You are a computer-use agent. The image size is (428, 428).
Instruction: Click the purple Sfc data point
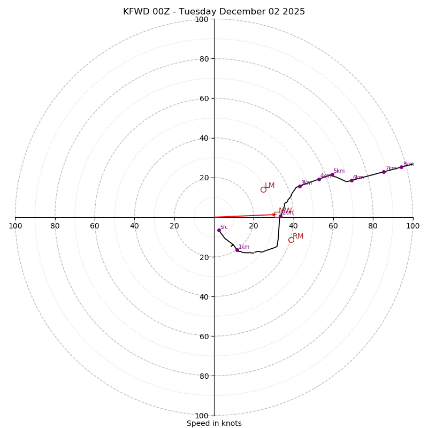pos(219,230)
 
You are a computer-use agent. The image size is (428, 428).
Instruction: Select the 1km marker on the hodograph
pos(237,250)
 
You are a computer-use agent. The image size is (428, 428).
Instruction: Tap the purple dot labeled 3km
pos(300,186)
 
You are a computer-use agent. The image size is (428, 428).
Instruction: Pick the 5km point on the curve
pos(332,174)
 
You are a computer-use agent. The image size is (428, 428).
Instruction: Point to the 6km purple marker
pos(351,180)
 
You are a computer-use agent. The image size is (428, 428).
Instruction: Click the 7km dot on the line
pos(384,172)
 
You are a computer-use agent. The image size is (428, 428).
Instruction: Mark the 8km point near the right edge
pos(401,167)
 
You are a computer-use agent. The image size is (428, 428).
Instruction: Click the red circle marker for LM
pos(263,189)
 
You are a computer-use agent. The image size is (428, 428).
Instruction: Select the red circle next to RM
pos(291,240)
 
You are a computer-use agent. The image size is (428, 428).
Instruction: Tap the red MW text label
pos(285,211)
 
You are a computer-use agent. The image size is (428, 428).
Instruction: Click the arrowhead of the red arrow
pos(274,215)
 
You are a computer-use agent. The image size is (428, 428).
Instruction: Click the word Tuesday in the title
pos(199,12)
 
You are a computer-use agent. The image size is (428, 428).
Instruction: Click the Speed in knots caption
pos(214,423)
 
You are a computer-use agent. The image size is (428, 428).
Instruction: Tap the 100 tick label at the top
pos(202,19)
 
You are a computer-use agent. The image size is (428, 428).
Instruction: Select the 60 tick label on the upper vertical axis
pos(203,98)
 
